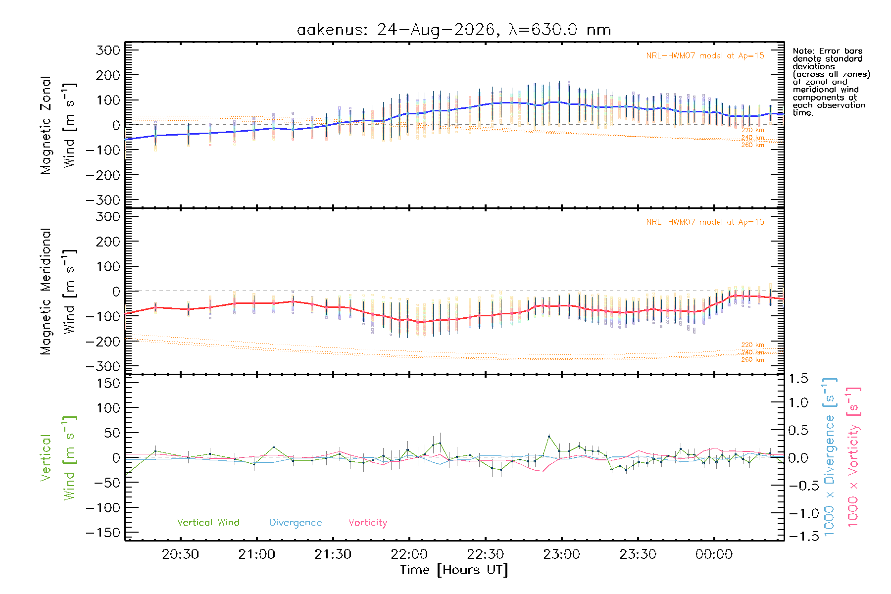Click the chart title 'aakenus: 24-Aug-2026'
(396, 30)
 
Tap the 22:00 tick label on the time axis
(409, 554)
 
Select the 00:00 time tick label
(714, 554)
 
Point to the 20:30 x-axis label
(181, 554)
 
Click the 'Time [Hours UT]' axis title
(454, 570)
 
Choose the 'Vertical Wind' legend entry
(208, 522)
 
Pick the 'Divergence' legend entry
(296, 523)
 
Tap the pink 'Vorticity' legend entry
(367, 523)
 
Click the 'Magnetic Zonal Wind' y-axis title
(58, 125)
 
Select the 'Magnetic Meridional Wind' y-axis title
(58, 292)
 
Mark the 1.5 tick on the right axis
(798, 379)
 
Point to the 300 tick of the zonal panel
(108, 50)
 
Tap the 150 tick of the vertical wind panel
(108, 383)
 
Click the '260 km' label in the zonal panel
(752, 145)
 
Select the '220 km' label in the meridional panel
(752, 345)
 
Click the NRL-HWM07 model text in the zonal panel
(705, 56)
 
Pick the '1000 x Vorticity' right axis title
(853, 457)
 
